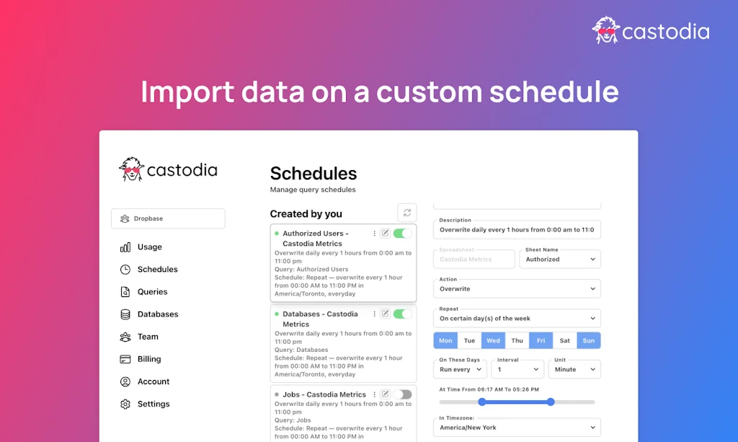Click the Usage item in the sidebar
tap(149, 247)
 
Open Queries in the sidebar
tap(152, 292)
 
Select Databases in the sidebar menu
tap(157, 314)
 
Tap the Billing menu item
tap(149, 359)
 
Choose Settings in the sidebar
tap(153, 404)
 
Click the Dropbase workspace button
tap(168, 218)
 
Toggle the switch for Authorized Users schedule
tap(402, 233)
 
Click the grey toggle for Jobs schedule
tap(402, 394)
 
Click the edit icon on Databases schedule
tap(385, 314)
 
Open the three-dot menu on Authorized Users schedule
tap(375, 233)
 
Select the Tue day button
tap(469, 340)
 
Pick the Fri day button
tap(541, 340)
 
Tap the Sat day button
tap(564, 340)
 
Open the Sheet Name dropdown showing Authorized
tap(560, 259)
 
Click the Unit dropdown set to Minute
tap(574, 369)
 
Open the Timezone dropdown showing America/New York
tap(517, 428)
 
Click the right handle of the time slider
tap(551, 402)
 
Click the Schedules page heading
tap(314, 174)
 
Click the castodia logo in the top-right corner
tap(650, 31)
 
